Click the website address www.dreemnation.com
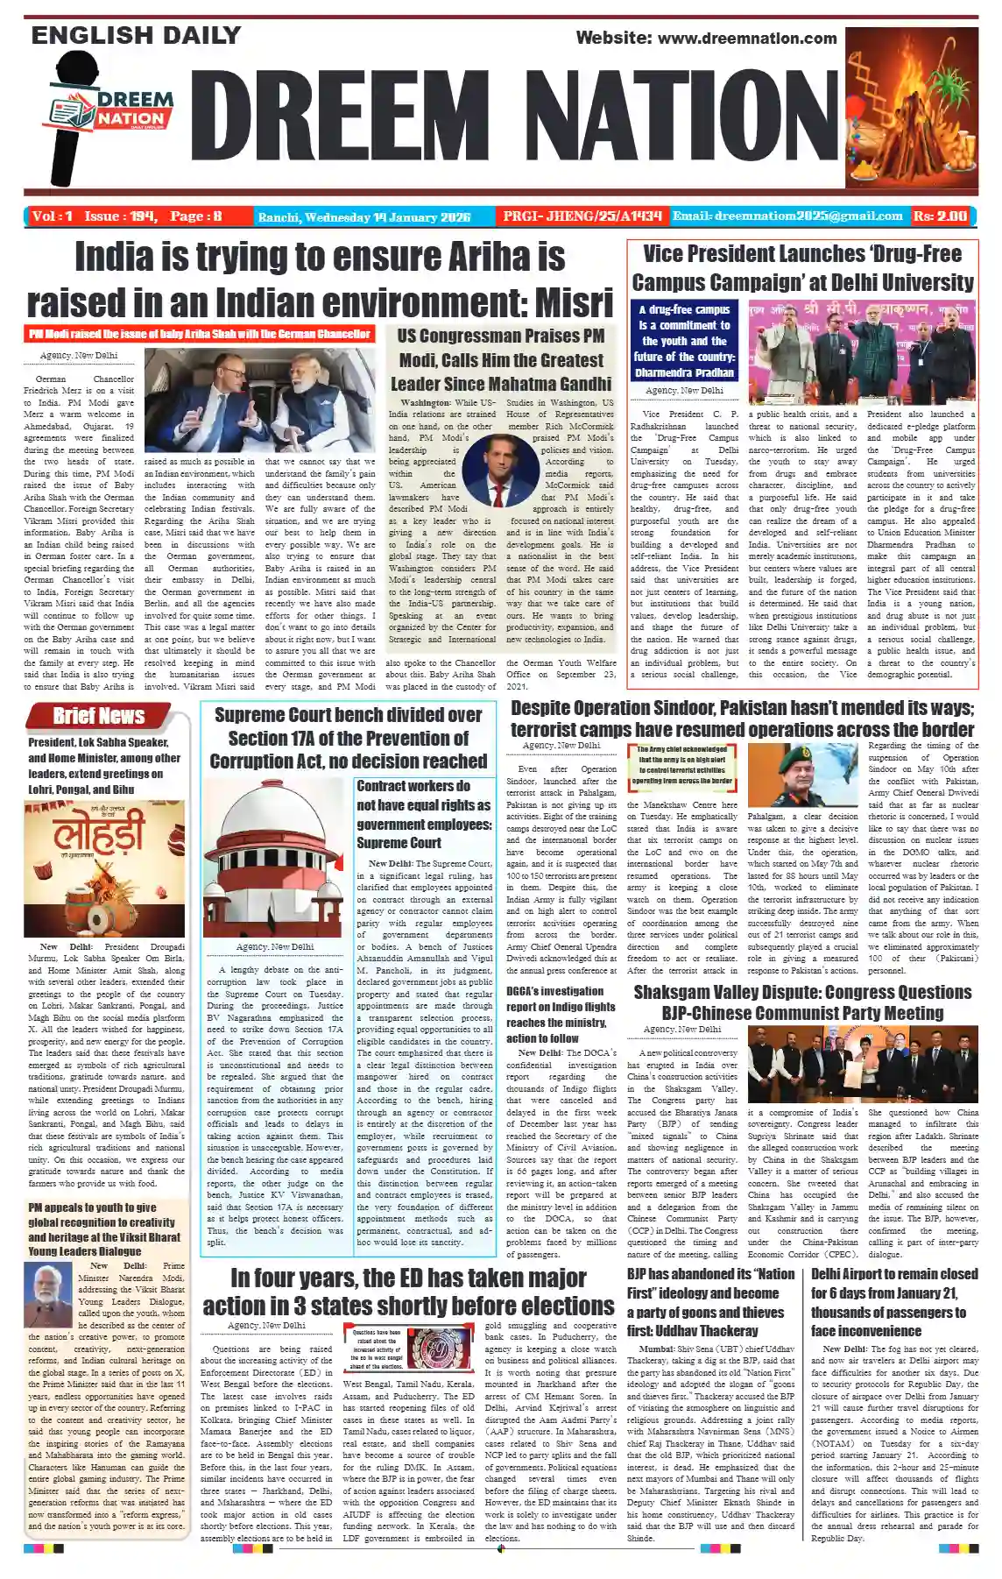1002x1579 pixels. (747, 38)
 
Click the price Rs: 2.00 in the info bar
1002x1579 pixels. (940, 216)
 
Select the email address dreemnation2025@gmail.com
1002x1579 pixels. (787, 216)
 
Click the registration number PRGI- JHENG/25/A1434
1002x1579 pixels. (582, 216)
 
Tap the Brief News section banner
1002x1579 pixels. (99, 716)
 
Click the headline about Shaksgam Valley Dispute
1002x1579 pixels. (802, 1002)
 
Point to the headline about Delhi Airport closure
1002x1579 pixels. (894, 1302)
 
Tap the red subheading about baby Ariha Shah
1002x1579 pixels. (199, 334)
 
